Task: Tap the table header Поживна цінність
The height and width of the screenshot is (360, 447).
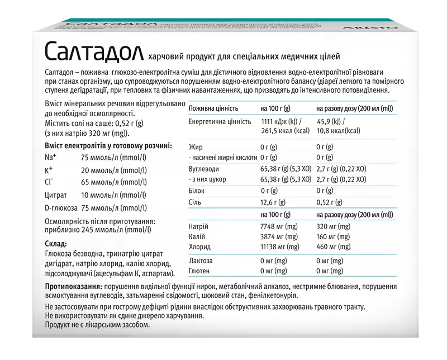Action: [214, 108]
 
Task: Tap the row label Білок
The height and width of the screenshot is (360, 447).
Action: [197, 191]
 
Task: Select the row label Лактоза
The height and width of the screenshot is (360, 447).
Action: [201, 260]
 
